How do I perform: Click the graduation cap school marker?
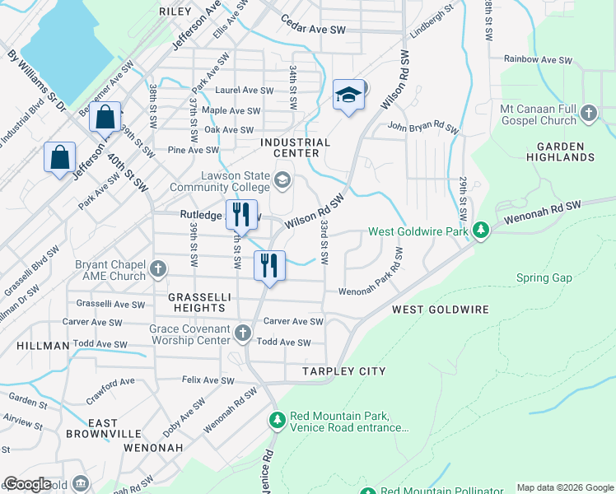click(349, 96)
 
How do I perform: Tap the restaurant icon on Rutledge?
click(241, 215)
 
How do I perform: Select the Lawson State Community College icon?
click(282, 179)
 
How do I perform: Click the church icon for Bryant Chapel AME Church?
click(158, 268)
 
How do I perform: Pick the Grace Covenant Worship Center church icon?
click(242, 333)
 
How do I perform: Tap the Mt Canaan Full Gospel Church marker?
click(589, 113)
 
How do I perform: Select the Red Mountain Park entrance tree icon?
click(277, 421)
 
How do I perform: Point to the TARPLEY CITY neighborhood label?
click(343, 371)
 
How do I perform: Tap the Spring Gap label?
click(544, 278)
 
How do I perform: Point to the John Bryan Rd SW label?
click(422, 128)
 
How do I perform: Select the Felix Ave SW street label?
click(208, 380)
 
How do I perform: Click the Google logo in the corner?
click(27, 484)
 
